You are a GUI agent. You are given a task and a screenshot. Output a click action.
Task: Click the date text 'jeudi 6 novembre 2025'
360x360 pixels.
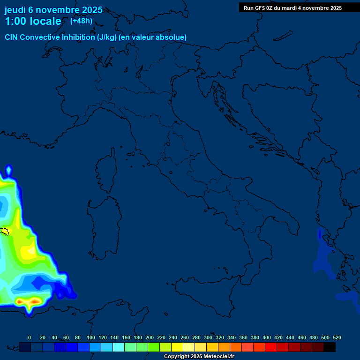point(53,10)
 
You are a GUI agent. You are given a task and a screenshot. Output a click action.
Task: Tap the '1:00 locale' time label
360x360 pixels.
point(33,21)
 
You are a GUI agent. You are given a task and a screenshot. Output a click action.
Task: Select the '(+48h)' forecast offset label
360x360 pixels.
point(81,21)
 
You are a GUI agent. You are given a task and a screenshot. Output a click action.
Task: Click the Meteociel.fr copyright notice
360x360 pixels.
point(199,357)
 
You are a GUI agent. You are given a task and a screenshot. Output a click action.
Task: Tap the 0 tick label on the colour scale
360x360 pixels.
point(30,337)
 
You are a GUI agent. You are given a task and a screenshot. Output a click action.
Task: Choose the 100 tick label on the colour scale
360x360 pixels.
point(91,337)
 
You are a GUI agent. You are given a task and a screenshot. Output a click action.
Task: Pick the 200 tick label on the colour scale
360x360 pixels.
point(150,337)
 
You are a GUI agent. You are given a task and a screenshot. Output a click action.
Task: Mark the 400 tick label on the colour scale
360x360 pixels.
point(267,337)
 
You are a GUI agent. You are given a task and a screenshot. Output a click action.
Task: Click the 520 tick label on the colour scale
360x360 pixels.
point(337,337)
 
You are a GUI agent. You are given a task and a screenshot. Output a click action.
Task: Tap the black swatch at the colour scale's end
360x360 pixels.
point(330,347)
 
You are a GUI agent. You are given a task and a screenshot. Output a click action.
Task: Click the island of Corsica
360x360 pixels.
point(107,169)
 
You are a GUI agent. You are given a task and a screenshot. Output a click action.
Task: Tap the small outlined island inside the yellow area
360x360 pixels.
point(5,231)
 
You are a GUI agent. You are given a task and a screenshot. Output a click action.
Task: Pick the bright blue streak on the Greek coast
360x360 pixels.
point(320,234)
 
